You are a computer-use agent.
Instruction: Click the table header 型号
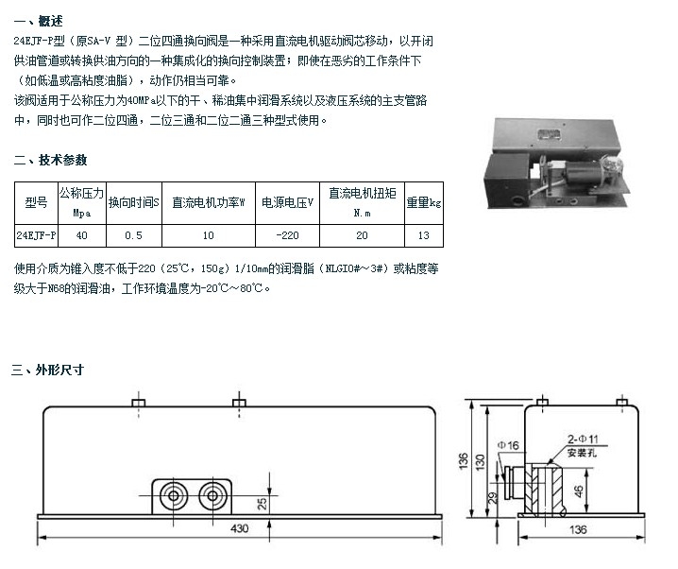36,201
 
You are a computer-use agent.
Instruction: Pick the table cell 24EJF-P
36,233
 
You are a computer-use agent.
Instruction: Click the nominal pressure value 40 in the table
81,233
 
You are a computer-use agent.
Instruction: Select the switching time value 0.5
133,233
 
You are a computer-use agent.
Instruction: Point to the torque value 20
362,233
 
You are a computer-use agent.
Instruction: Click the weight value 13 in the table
422,233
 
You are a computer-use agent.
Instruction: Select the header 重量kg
422,201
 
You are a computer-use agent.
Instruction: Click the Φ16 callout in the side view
510,443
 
